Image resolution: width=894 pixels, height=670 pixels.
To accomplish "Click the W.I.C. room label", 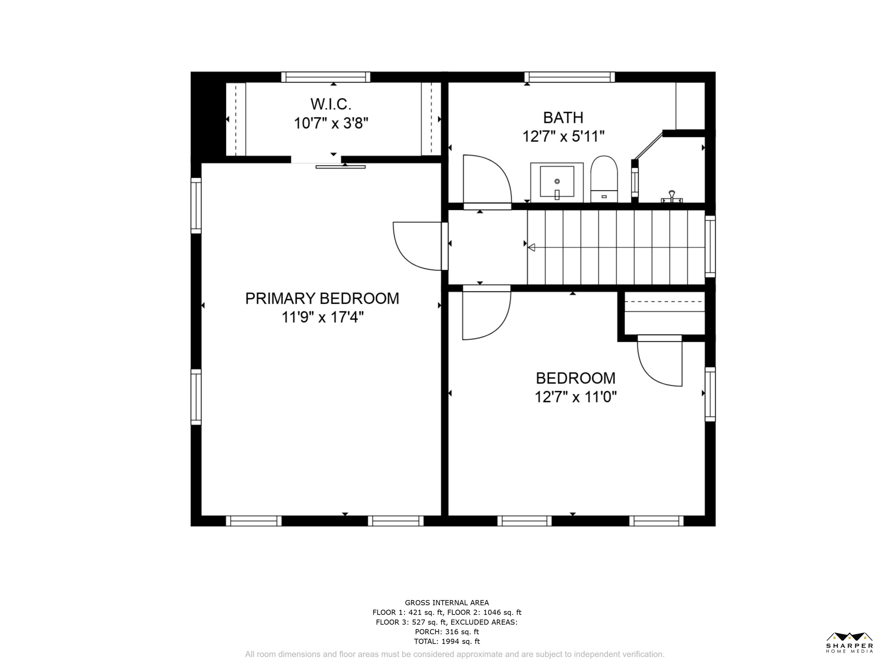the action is [330, 104].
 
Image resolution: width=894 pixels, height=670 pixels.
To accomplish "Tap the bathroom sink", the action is [557, 183].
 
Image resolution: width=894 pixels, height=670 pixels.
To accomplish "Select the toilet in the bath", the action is [604, 179].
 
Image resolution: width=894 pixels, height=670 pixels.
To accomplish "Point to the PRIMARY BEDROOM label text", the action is [322, 298].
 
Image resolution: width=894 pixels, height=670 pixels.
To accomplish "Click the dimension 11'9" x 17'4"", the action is [322, 317].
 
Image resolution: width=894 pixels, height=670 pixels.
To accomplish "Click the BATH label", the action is [563, 118].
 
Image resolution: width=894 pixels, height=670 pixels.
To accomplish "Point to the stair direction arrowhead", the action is [531, 247].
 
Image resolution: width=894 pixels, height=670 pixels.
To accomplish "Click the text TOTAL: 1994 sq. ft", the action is [447, 641].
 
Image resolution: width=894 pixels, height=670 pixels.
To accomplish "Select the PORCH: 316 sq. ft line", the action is [447, 632].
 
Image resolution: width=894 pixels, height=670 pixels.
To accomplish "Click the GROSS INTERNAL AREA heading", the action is [447, 603].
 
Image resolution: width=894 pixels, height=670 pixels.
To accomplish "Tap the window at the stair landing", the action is [710, 246].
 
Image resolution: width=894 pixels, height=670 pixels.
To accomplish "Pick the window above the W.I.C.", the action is [326, 77].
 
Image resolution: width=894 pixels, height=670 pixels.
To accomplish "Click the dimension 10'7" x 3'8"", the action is [331, 123].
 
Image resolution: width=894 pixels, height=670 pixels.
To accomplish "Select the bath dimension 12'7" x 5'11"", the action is [564, 136].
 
